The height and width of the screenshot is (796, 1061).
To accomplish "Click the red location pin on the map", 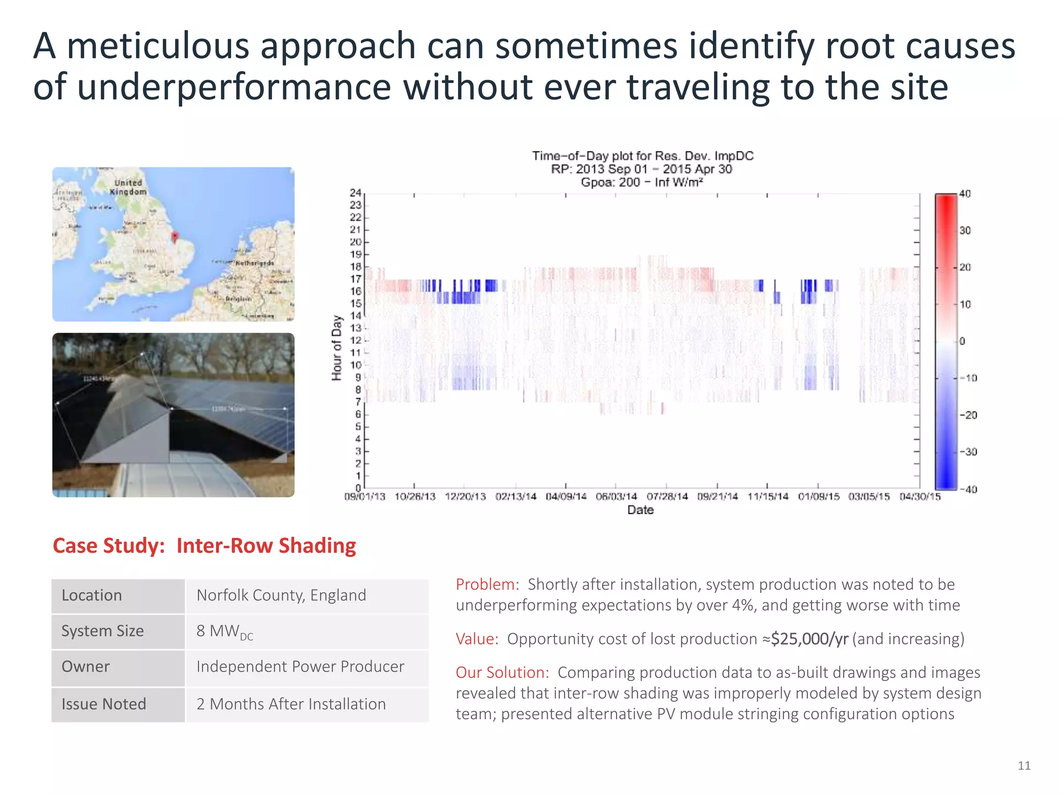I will (175, 237).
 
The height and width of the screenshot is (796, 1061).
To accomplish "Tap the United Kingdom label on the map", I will (128, 187).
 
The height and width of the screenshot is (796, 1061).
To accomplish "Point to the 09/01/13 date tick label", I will (365, 496).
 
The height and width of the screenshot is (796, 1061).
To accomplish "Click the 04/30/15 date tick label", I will (920, 496).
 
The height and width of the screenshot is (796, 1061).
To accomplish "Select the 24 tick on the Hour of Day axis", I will (355, 193).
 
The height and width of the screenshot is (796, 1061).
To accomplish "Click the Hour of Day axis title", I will (337, 348).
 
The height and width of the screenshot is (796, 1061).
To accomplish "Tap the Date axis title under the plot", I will (640, 510).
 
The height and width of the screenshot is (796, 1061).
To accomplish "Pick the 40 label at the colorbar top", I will (965, 194).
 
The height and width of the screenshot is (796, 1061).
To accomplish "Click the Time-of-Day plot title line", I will (642, 156).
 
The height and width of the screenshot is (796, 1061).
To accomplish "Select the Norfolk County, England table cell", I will (281, 595).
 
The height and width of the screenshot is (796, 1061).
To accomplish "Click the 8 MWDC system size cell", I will (224, 631).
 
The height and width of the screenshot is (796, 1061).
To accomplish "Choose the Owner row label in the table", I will (85, 666).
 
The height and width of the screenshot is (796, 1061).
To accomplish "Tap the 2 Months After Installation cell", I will (291, 704).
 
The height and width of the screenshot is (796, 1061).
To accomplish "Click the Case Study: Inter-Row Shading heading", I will (204, 546).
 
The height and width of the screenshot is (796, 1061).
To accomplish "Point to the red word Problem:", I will (487, 584).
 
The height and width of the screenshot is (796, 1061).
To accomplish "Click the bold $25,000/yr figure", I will (809, 638).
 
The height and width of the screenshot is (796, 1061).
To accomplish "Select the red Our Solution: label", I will (502, 672).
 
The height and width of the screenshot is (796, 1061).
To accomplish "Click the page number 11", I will (1024, 765).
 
